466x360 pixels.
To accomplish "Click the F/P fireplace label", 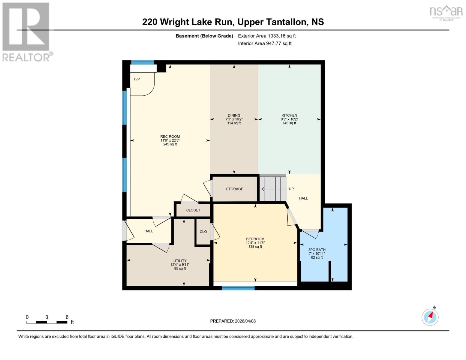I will click(x=137, y=79).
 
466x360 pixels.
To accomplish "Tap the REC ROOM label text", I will click(x=170, y=137).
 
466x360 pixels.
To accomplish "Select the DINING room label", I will click(x=234, y=115).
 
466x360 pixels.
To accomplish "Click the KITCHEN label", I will click(x=289, y=115).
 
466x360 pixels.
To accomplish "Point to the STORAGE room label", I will click(x=235, y=189).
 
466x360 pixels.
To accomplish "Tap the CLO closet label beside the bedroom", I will click(x=203, y=232).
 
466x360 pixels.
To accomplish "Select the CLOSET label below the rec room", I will click(x=193, y=210).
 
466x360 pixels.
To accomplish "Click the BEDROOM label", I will click(x=255, y=239).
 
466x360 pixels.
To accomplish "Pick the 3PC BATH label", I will click(x=317, y=250).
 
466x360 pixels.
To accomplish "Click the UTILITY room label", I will click(x=180, y=261).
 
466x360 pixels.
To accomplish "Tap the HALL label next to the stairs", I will click(x=303, y=198).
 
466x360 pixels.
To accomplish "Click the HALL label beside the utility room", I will click(x=149, y=231).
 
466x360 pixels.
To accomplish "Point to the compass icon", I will click(x=430, y=317).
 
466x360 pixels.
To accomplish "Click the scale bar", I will click(x=47, y=322).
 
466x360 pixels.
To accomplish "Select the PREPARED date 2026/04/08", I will click(x=233, y=321).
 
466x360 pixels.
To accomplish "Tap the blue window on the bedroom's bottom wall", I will click(x=238, y=288).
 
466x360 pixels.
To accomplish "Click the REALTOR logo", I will click(x=26, y=31).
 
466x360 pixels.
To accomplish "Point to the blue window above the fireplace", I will click(x=143, y=62).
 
